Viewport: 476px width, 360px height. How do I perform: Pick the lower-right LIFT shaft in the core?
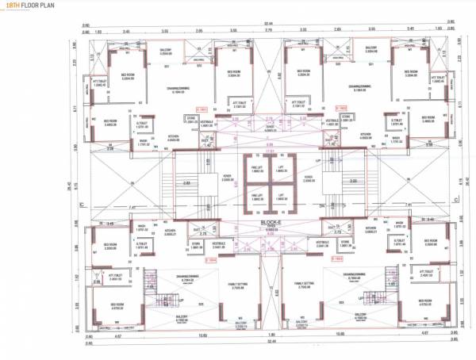click(x=281, y=197)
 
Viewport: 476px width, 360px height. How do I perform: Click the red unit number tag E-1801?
click(x=202, y=107)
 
